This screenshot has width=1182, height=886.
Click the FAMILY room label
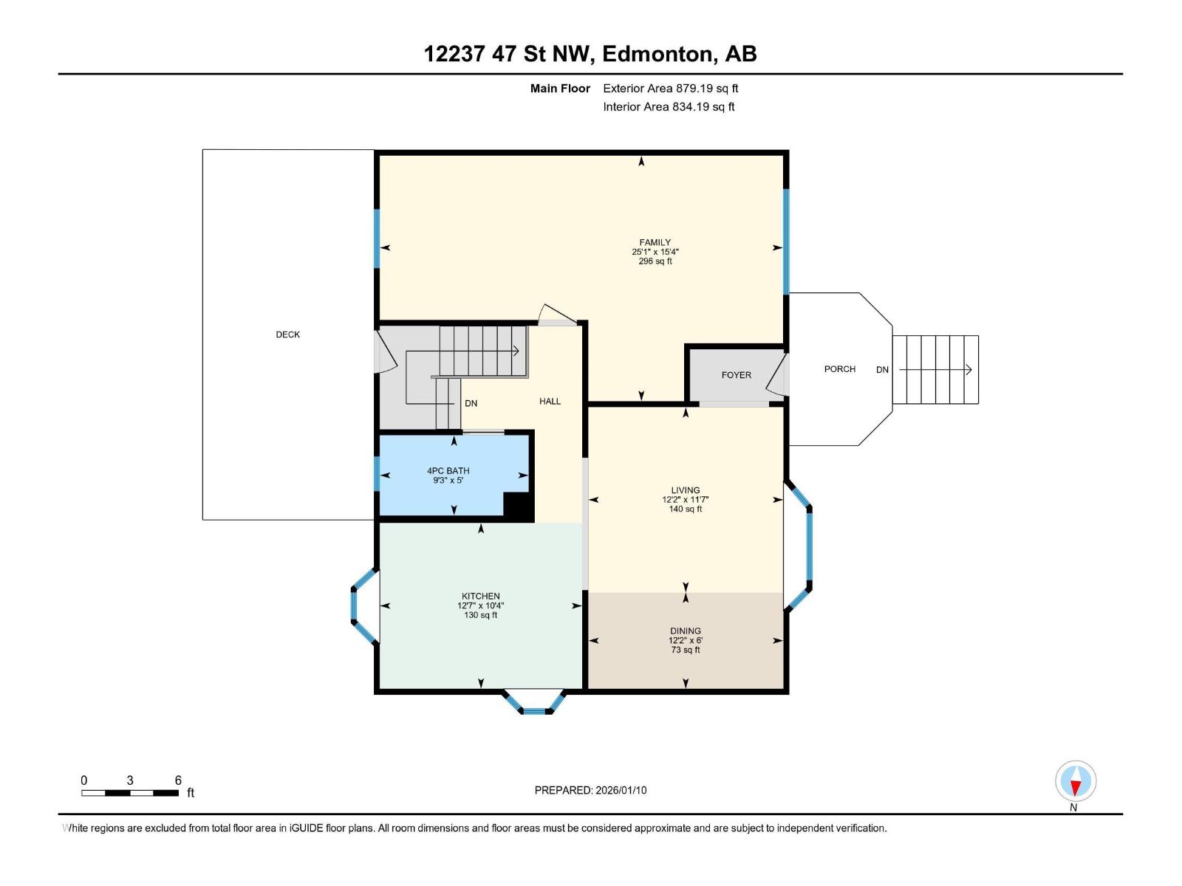click(655, 242)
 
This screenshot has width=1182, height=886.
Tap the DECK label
click(288, 334)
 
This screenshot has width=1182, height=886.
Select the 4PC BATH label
click(448, 470)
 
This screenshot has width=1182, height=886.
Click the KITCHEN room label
click(481, 596)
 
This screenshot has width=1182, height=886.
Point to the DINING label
click(686, 631)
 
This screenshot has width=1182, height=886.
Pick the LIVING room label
click(686, 490)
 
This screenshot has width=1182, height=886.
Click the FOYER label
click(736, 375)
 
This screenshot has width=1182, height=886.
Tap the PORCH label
click(840, 369)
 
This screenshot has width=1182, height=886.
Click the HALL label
click(550, 402)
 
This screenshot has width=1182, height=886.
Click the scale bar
click(130, 793)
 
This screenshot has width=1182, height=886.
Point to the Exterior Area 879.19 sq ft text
click(670, 89)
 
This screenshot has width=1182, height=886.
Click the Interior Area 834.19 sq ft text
click(669, 107)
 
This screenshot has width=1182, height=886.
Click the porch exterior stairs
click(935, 370)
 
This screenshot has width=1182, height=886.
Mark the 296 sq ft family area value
click(655, 261)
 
